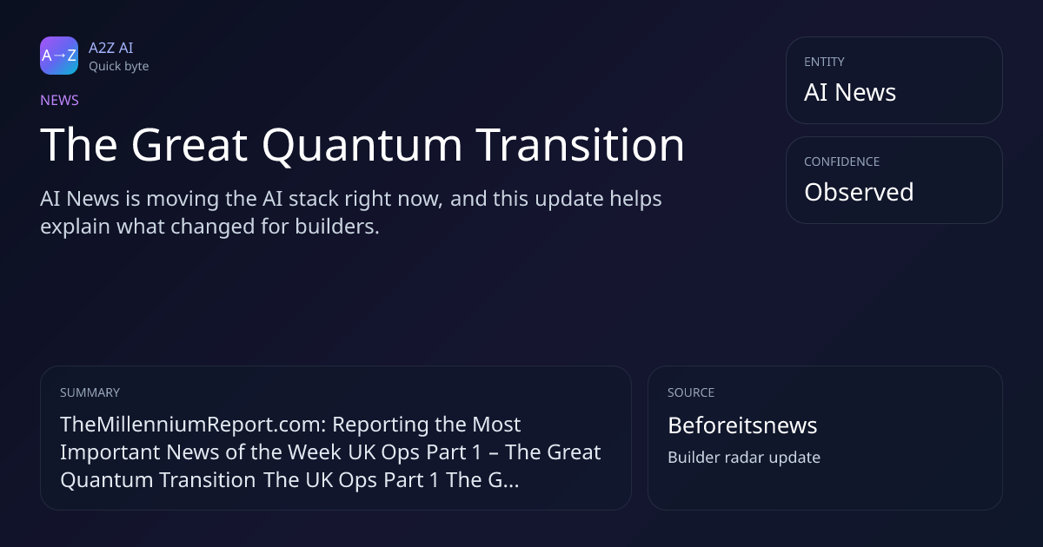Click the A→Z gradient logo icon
[x=59, y=56]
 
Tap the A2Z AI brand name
[x=111, y=48]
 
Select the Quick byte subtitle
[x=119, y=67]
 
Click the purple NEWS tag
[x=59, y=100]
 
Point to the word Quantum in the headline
[x=362, y=146]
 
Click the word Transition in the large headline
[x=580, y=145]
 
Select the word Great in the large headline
[x=189, y=145]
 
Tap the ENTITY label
[x=824, y=62]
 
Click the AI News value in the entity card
[x=850, y=92]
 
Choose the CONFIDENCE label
[x=842, y=161]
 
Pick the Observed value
[x=859, y=192]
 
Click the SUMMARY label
[x=90, y=392]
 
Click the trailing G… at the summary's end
[x=503, y=480]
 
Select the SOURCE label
[x=691, y=392]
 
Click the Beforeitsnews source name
[x=742, y=425]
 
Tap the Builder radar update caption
[x=744, y=458]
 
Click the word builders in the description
[x=337, y=227]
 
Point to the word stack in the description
[x=314, y=199]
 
